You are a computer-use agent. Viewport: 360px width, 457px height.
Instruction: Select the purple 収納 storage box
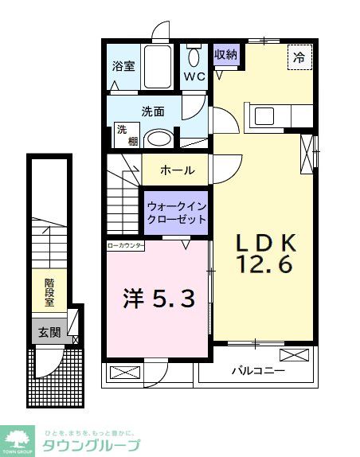point(225,55)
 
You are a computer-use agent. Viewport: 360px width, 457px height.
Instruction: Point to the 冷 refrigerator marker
point(299,57)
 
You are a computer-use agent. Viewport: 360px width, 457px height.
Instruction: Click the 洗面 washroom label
point(152,111)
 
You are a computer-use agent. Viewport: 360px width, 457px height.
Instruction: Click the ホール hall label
point(174,170)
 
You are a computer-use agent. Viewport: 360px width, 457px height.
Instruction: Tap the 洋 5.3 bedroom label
point(158,299)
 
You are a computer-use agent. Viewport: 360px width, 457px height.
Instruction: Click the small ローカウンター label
point(126,246)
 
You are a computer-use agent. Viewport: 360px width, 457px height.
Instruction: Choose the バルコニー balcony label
point(258,370)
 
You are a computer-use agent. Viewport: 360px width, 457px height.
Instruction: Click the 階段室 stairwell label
point(49,291)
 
